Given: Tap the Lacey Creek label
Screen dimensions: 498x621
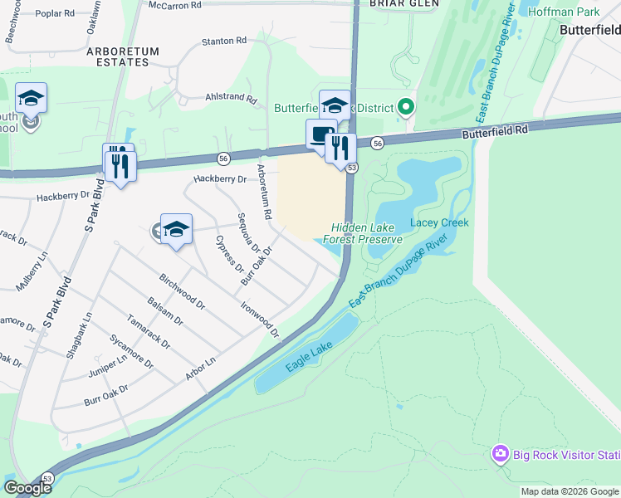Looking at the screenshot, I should [439, 222].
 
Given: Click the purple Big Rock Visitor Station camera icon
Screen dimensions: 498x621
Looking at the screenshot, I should [500, 454].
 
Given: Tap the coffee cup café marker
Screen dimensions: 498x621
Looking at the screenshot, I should [320, 134].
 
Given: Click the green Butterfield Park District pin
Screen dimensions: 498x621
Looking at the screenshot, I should [406, 107].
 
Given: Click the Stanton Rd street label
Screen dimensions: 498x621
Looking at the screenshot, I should [224, 40].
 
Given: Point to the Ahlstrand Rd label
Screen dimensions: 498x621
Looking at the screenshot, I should [231, 98].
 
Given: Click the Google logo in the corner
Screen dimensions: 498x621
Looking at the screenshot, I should [27, 488].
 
